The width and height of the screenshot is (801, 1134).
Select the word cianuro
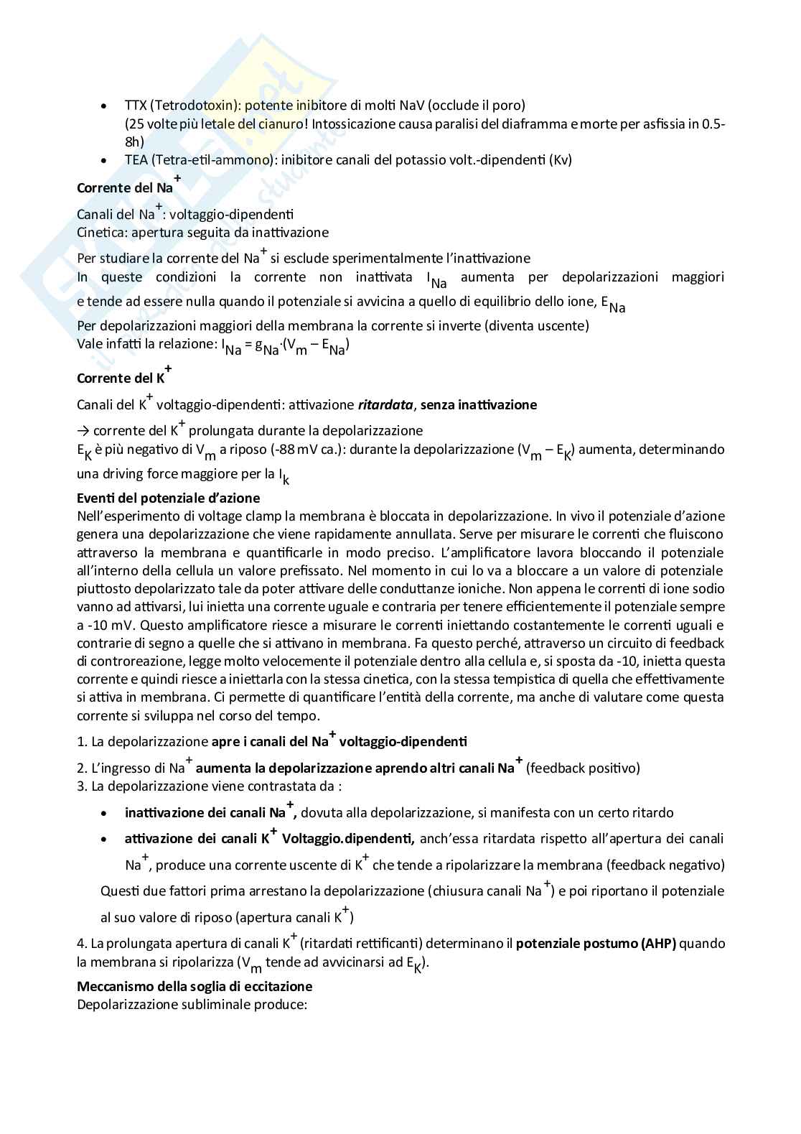281,124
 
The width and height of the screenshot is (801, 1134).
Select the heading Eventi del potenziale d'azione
168,498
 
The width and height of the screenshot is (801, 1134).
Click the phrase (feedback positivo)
582,768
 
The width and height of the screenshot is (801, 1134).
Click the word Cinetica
102,233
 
